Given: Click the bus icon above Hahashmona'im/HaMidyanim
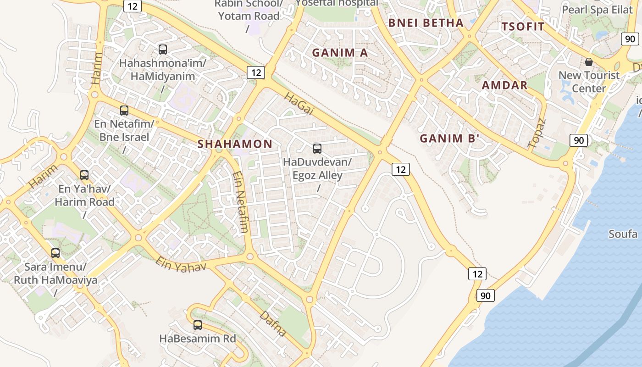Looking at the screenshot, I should coord(163,50).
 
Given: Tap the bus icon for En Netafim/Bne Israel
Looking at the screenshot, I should coord(124,111).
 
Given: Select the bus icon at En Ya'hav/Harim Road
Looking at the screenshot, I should coord(84,175).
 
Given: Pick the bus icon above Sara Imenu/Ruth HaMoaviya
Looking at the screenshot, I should coord(55,253).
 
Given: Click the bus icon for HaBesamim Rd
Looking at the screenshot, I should coord(198,325).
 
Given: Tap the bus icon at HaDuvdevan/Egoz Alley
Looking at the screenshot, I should coord(317,149).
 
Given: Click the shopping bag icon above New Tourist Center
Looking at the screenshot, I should coord(589,62).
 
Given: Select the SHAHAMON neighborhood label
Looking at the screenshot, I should coord(235,144).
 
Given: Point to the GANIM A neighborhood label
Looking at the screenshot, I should coord(340,53).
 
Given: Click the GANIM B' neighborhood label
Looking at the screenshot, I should coord(449,139).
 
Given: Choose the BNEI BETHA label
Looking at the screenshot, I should coord(426,23).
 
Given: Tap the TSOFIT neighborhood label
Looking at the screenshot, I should coord(523,27).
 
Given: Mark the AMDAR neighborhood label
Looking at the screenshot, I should coord(504,85).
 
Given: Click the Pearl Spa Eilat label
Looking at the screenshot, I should coord(597,10).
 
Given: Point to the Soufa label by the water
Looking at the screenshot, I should coord(623,234).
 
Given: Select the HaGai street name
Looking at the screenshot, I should coord(299,104).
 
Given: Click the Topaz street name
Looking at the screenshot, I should coord(537,133).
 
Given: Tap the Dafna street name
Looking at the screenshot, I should coord(273,323).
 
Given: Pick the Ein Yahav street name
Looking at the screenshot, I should coord(181,264).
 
